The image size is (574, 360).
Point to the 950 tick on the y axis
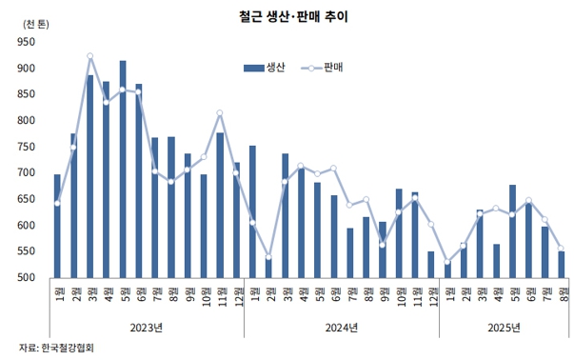(x=25, y=42)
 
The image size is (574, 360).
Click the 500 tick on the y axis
(x=25, y=278)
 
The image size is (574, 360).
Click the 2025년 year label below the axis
(x=503, y=328)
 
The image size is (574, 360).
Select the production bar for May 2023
(x=123, y=170)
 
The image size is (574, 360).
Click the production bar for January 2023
(x=57, y=226)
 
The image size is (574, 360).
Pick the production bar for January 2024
(x=252, y=211)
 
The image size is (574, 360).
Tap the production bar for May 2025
(x=513, y=231)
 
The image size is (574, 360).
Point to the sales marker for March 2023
(x=89, y=56)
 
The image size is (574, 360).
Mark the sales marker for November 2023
(x=220, y=113)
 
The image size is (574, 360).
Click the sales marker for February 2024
(x=268, y=257)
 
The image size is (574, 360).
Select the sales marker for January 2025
(x=447, y=263)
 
